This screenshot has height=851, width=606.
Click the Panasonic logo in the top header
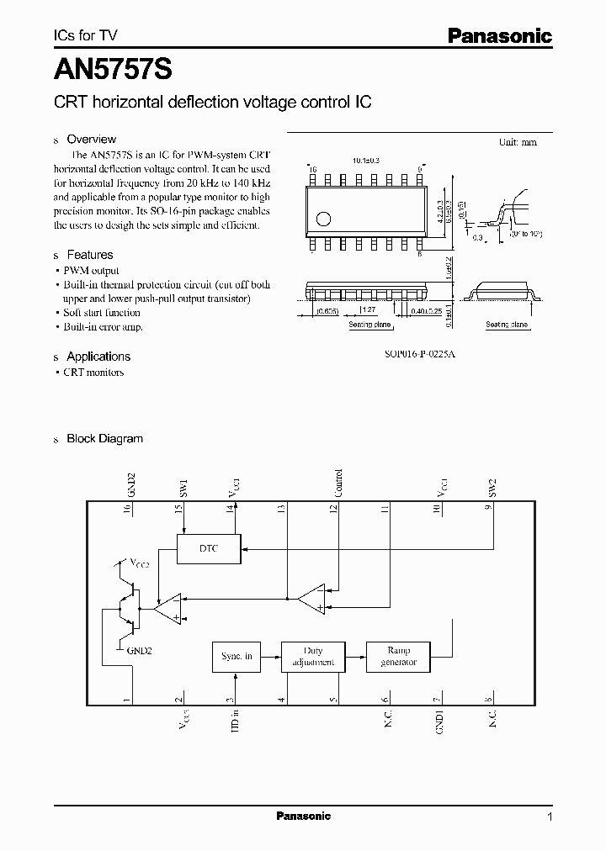coord(498,36)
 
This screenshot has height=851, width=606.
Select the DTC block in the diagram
coord(208,548)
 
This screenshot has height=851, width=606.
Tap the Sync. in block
coord(237,656)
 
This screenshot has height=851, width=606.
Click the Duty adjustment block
coord(311,656)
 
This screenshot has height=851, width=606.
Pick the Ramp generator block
coord(399,656)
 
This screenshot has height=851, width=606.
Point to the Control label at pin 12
coord(338,484)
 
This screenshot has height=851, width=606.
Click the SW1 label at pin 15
coord(183,488)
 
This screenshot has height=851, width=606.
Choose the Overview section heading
coord(91,140)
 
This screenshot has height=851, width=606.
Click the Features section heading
coord(89,255)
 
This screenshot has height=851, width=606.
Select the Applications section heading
coord(98,357)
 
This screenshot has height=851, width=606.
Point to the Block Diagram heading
coord(104,439)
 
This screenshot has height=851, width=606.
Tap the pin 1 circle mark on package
coord(322,220)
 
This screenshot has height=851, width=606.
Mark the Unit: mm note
coord(518,142)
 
